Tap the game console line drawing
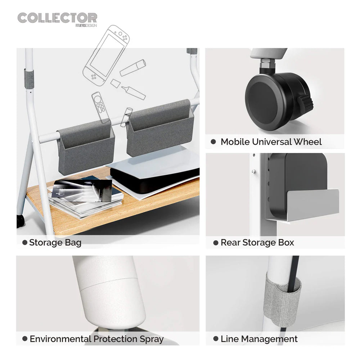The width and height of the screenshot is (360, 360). [106, 55]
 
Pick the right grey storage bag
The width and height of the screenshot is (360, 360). [160, 129]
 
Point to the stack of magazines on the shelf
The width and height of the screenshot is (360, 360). [85, 197]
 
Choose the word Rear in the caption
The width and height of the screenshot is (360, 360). [230, 243]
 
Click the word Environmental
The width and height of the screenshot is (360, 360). [60, 339]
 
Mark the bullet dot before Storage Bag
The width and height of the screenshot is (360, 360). [25, 242]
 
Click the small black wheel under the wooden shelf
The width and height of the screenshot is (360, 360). [20, 221]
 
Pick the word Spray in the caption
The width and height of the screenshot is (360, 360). [152, 339]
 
